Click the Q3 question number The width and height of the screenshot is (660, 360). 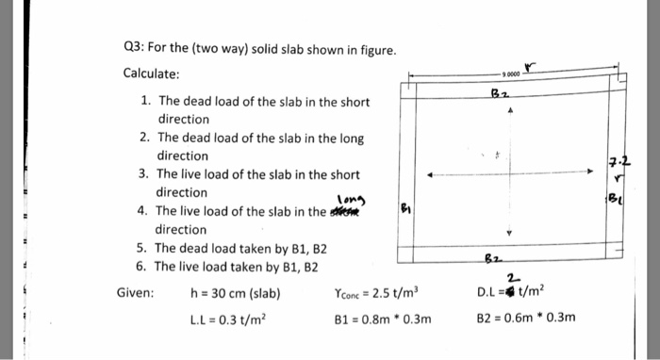coord(134,50)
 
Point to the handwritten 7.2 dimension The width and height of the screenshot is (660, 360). coord(618,162)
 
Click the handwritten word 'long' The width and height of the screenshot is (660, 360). coord(351,197)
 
